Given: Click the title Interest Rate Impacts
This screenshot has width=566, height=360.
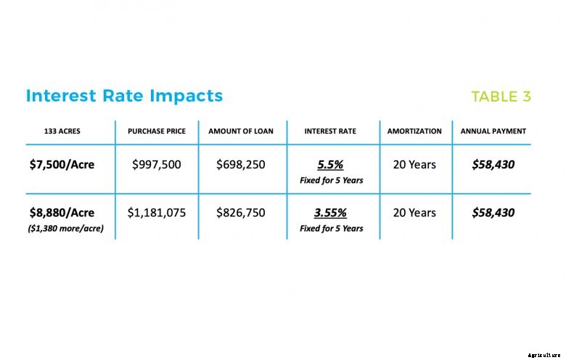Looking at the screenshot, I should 124,96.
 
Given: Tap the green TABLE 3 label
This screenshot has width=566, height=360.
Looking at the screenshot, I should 501,97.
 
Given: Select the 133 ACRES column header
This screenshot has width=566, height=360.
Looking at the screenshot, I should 62,131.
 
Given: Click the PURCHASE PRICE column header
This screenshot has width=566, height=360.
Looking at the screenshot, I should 157,131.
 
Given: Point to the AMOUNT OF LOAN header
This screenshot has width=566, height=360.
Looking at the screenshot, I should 241,131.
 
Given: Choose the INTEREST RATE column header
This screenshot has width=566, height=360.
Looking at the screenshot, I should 331,131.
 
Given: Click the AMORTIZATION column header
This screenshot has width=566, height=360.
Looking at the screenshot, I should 414,131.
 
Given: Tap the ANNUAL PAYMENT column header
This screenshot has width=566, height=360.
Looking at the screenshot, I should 493,131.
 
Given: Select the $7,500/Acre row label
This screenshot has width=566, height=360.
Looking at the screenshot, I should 62,165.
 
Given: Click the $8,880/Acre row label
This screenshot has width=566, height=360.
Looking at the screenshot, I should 62,213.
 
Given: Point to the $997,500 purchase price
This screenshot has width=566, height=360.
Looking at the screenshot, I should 157,165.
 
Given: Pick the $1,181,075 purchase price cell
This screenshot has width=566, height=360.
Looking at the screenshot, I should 157,213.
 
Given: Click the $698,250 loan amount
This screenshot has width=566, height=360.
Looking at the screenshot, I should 241,165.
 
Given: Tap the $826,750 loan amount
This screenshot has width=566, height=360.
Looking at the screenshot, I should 241,213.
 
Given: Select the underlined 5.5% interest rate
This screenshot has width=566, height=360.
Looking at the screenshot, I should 331,165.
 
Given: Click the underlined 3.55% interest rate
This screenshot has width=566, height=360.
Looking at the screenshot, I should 331,213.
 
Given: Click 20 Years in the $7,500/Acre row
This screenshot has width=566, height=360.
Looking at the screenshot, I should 414,165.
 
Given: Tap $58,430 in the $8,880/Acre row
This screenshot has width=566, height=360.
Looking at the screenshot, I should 493,213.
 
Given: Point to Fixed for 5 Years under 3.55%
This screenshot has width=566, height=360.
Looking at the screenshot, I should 331,229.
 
